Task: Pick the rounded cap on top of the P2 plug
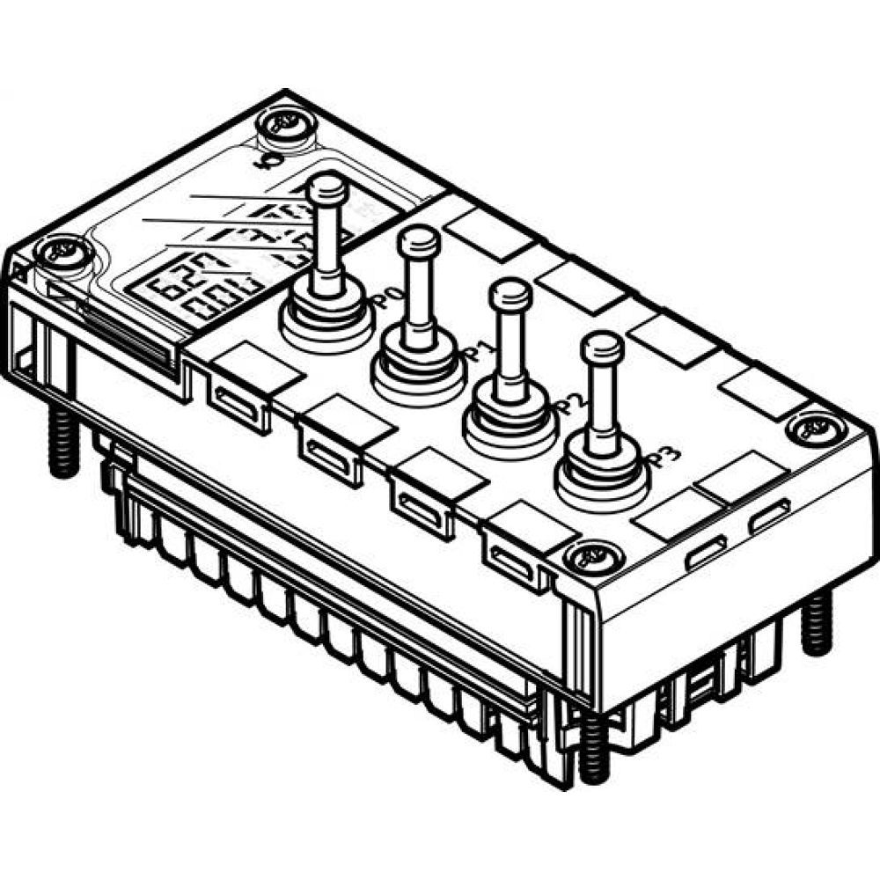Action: click(x=511, y=292)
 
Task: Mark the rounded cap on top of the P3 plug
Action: click(x=603, y=346)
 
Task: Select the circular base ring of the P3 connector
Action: click(x=604, y=480)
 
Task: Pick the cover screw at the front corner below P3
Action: click(x=586, y=556)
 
